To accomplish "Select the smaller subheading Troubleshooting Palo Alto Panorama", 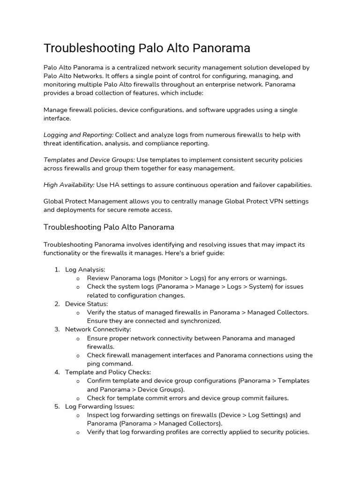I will click(x=109, y=227).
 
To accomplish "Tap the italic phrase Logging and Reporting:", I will click(x=79, y=135).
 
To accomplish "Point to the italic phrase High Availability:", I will click(x=69, y=185).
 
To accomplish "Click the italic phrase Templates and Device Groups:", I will click(x=89, y=159).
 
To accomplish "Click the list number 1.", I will click(x=57, y=270).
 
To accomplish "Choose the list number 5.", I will click(x=57, y=406).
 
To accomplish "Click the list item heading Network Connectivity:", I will click(x=98, y=330).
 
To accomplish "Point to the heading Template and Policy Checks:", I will click(x=108, y=372).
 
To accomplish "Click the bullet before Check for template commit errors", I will click(x=78, y=398).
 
